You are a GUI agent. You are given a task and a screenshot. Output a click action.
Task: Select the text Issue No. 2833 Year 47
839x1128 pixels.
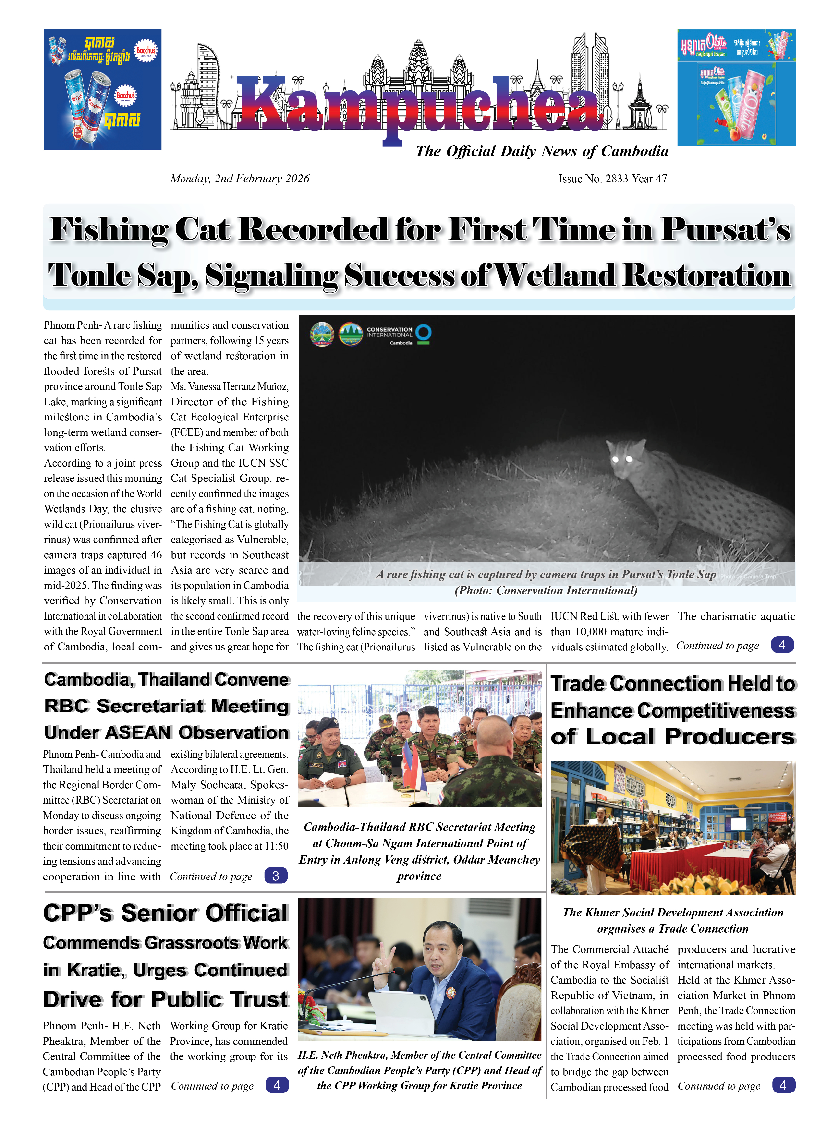(x=612, y=179)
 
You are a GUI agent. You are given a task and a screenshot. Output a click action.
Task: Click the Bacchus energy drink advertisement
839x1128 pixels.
(x=103, y=89)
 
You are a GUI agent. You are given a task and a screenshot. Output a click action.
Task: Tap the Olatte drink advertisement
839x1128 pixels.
(x=736, y=87)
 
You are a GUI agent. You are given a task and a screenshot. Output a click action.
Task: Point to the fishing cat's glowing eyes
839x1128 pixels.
(x=622, y=459)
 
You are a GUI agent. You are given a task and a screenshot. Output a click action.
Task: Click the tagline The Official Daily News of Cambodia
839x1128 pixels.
(x=541, y=151)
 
